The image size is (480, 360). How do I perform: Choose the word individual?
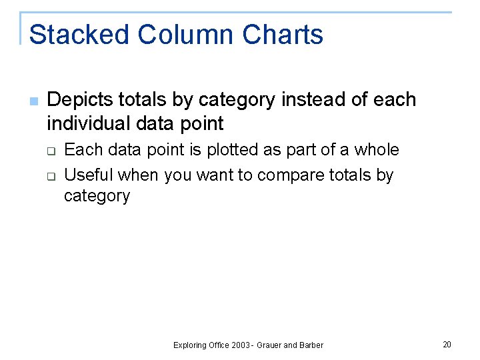click(89, 123)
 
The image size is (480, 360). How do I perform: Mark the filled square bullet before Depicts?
click(34, 101)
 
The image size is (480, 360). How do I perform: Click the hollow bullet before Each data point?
click(50, 151)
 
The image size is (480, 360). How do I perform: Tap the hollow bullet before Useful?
click(50, 176)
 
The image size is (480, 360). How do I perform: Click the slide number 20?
click(447, 344)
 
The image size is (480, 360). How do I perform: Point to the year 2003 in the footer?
click(241, 345)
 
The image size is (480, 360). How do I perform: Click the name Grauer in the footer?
click(271, 345)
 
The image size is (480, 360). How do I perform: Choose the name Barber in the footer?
click(311, 345)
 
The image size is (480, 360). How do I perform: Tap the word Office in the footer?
click(219, 345)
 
